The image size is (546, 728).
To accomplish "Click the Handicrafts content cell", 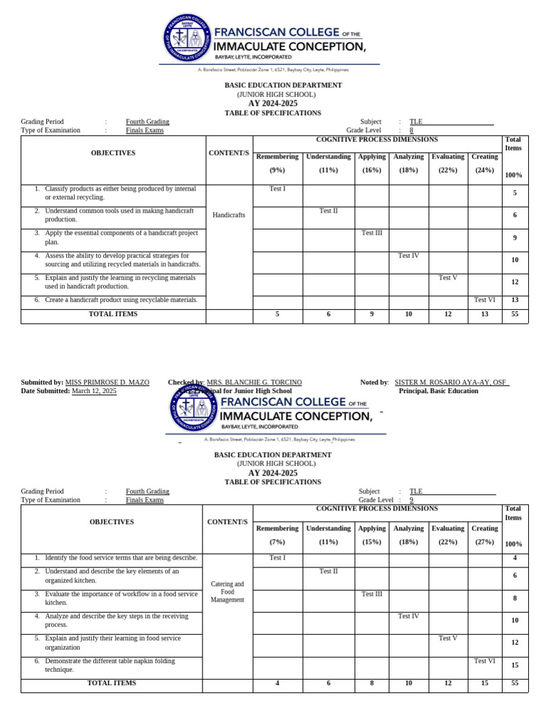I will [228, 215].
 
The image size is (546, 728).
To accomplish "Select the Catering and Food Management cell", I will [227, 591].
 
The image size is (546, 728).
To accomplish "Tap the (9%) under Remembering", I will [277, 171].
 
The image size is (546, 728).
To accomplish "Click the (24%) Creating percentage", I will [485, 171].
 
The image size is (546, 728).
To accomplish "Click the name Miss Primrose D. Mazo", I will [107, 382].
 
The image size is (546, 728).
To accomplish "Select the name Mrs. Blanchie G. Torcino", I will [254, 382].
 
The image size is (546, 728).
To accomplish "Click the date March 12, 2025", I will [94, 391].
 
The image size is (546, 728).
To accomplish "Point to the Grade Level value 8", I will [411, 131].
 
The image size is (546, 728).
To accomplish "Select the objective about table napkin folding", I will [109, 665].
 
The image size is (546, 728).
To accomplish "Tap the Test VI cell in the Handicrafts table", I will [485, 300].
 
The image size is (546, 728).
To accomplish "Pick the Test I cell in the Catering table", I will [277, 557].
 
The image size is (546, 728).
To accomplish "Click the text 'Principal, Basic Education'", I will [438, 391].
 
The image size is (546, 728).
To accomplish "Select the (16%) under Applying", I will [371, 171].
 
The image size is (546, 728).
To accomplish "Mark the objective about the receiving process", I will [110, 621].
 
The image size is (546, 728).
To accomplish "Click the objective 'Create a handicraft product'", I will [121, 300].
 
